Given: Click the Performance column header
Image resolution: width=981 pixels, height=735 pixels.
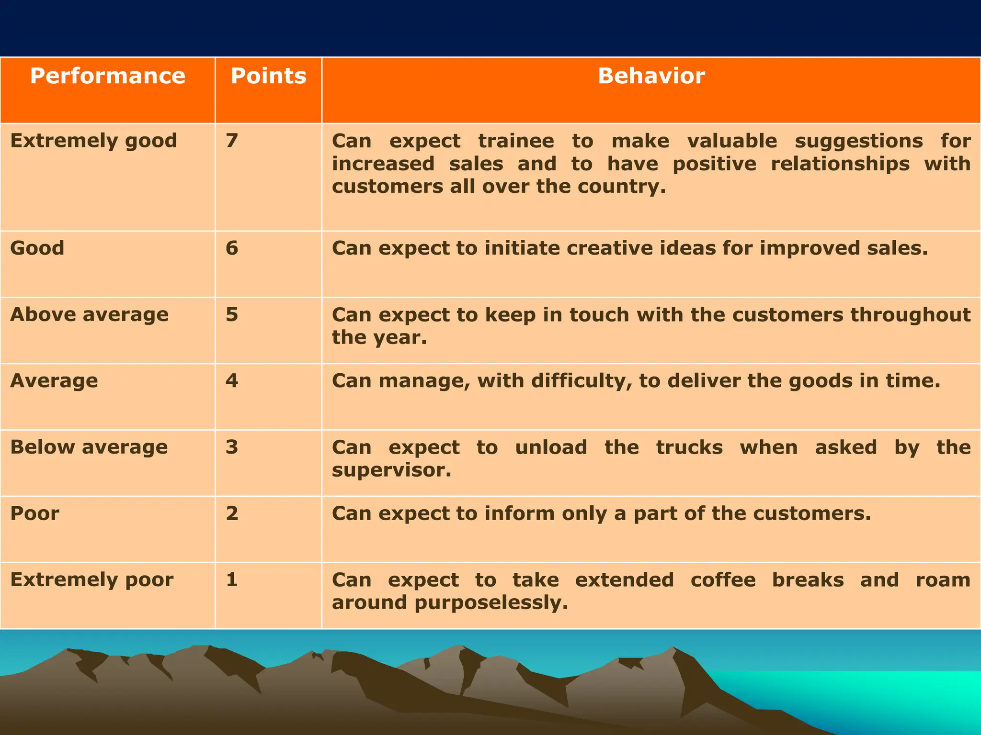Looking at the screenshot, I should (x=107, y=76).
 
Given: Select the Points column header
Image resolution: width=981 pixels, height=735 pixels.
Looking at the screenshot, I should (x=268, y=76).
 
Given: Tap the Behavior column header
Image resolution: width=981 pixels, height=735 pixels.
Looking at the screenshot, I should (x=651, y=76).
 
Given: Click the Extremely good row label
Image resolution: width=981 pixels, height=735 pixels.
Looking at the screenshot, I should (x=94, y=141).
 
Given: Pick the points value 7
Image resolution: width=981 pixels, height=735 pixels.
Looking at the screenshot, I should (x=232, y=141).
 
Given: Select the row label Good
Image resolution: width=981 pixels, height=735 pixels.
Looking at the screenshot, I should (x=37, y=248).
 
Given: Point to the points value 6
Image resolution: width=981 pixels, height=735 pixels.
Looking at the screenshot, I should (x=232, y=248).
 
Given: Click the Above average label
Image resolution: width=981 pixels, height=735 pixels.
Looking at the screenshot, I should (x=90, y=314).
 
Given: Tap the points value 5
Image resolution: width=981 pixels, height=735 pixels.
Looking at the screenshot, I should (x=232, y=314).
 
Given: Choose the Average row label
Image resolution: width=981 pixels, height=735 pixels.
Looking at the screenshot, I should (x=54, y=381).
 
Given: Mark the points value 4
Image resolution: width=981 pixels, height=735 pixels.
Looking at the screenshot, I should (x=232, y=381).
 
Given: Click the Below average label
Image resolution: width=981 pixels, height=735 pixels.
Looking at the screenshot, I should (x=89, y=447).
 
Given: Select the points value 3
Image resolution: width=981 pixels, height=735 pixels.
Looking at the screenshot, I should (x=232, y=447).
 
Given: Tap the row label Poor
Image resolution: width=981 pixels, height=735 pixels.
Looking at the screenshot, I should (x=35, y=513).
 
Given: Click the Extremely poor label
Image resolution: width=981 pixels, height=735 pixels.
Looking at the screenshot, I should (x=92, y=579).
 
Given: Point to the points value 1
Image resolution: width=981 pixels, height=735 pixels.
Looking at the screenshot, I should (x=232, y=579).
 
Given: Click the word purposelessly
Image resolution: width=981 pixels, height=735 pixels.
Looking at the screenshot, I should (x=491, y=603).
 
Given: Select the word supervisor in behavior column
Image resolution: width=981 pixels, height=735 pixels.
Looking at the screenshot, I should (x=391, y=470).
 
